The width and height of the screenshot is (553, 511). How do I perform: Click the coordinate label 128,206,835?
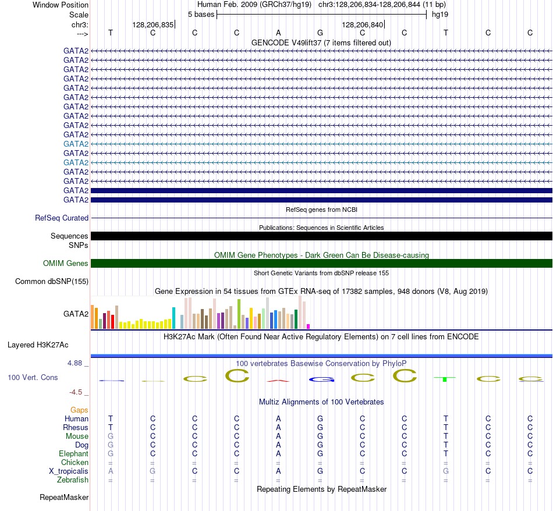pyautogui.click(x=153, y=24)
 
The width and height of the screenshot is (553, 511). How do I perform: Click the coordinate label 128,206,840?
pyautogui.click(x=363, y=24)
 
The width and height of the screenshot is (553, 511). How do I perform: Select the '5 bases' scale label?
pyautogui.click(x=201, y=15)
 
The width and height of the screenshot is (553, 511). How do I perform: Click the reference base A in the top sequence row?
pyautogui.click(x=278, y=33)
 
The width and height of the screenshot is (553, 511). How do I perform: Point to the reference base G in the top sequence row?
pyautogui.click(x=320, y=33)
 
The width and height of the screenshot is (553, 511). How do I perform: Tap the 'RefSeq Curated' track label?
pyautogui.click(x=62, y=218)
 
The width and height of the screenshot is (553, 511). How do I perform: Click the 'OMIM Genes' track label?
pyautogui.click(x=66, y=264)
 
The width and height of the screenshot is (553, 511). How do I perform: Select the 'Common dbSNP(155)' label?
pyautogui.click(x=52, y=282)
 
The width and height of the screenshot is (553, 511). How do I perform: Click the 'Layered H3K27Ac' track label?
pyautogui.click(x=38, y=345)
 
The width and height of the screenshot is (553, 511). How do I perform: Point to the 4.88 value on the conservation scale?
pyautogui.click(x=75, y=363)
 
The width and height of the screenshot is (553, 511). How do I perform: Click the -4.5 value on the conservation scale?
pyautogui.click(x=76, y=392)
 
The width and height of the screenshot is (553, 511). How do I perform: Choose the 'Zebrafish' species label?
pyautogui.click(x=73, y=480)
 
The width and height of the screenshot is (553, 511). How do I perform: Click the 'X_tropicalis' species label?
pyautogui.click(x=69, y=471)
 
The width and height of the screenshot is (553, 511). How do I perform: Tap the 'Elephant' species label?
pyautogui.click(x=74, y=453)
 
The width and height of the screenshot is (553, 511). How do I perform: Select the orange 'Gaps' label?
pyautogui.click(x=79, y=410)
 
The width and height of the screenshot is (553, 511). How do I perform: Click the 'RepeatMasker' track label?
pyautogui.click(x=64, y=497)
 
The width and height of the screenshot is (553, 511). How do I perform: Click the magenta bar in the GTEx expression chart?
pyautogui.click(x=309, y=327)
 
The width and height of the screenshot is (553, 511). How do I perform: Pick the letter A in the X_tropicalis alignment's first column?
pyautogui.click(x=111, y=471)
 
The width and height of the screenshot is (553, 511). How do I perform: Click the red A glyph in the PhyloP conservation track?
pyautogui.click(x=278, y=381)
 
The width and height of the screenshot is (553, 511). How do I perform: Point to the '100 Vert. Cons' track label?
pyautogui.click(x=33, y=377)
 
